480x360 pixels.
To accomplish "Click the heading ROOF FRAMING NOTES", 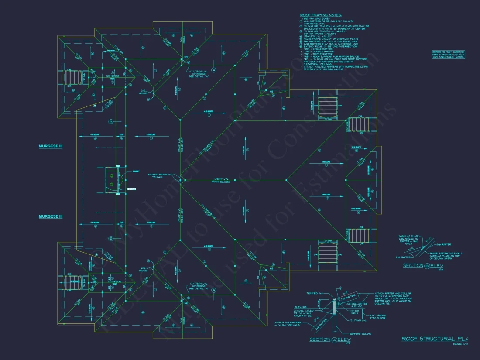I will pos(321,14).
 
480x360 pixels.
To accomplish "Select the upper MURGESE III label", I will pos(50,147).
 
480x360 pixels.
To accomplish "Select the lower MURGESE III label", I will pos(50,216).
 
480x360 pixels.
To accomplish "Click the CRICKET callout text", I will pos(136,171).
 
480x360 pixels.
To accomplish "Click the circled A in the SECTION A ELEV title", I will pos(334,339).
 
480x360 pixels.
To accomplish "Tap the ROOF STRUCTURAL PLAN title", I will pos(434,339).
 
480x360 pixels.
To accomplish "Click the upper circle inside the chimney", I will pos(111,175).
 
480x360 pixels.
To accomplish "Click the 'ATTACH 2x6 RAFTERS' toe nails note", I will pos(286,324).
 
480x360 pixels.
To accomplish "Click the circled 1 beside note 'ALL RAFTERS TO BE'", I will pos(301,21).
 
